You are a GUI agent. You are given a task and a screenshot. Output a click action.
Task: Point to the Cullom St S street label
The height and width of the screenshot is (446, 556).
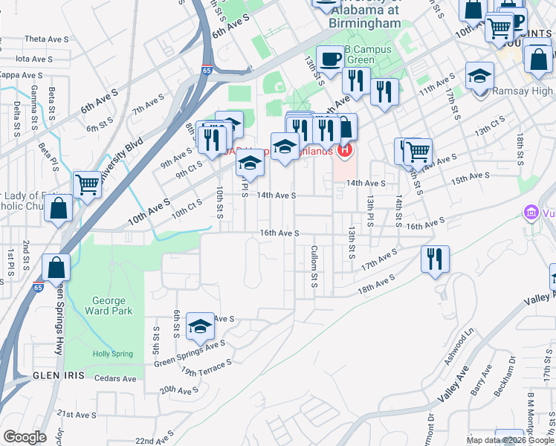pos(314,268)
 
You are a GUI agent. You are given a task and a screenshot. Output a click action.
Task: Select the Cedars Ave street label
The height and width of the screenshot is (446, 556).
pos(116,378)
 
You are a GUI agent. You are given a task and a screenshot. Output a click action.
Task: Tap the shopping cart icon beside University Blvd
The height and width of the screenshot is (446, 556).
pos(88,184)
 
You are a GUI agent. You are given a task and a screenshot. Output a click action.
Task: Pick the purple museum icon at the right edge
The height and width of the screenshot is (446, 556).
pos(531,214)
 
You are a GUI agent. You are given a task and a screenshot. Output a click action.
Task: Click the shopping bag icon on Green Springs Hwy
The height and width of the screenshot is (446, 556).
pos(56,266)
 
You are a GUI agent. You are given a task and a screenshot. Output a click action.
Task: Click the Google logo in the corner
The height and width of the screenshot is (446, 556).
pos(25,437)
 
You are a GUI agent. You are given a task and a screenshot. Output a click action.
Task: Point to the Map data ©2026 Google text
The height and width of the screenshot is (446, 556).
pos(509,440)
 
